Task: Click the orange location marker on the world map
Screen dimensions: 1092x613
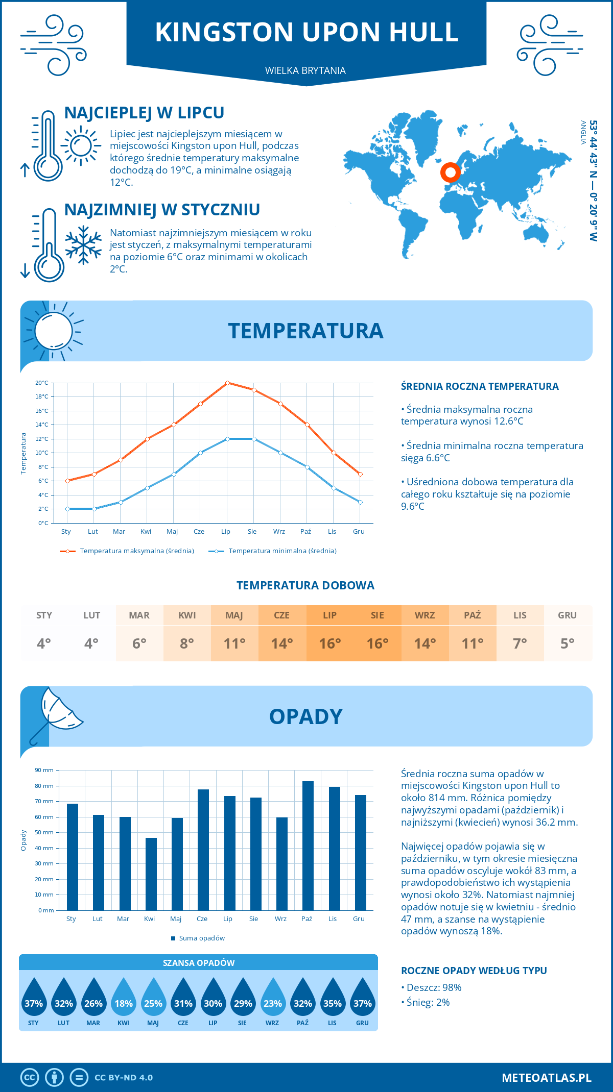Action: click(450, 172)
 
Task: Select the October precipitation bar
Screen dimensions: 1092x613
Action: click(308, 846)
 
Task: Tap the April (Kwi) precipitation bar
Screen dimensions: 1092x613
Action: click(151, 874)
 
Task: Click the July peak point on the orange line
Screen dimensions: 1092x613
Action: click(227, 383)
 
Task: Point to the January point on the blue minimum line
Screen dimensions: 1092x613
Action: click(67, 509)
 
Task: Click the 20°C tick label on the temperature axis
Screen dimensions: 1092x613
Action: click(42, 383)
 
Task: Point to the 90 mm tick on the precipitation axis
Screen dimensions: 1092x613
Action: click(44, 770)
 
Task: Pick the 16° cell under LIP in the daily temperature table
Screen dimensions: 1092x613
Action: click(329, 643)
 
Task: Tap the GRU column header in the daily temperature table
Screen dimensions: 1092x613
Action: click(567, 615)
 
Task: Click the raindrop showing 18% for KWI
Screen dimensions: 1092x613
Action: click(124, 998)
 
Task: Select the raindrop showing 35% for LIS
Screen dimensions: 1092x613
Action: click(333, 998)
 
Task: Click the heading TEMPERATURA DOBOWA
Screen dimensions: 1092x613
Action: click(305, 585)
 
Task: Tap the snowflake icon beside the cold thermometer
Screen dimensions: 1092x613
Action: click(83, 245)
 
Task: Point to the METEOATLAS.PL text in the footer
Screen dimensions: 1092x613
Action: click(546, 1078)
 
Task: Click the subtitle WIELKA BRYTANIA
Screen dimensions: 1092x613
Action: click(305, 70)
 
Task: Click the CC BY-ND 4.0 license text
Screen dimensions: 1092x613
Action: click(124, 1078)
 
